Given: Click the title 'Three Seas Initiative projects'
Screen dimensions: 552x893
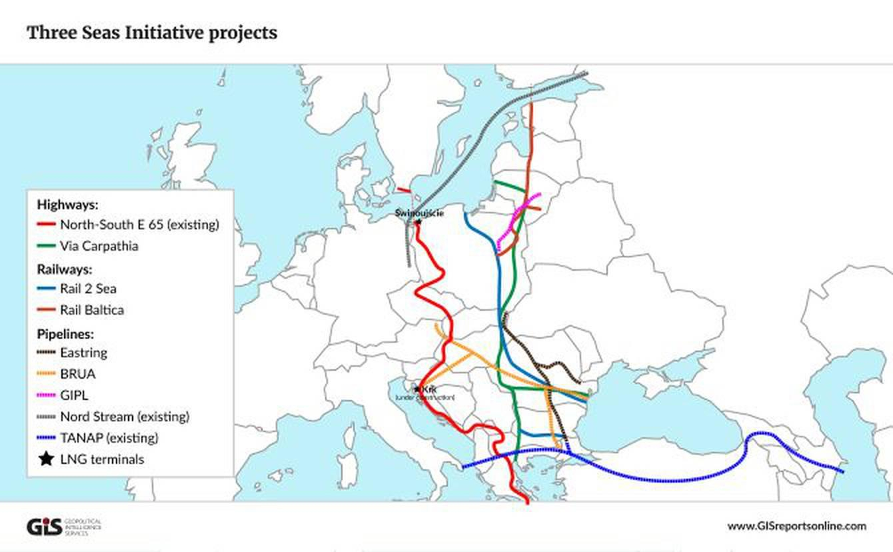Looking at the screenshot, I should [152, 33].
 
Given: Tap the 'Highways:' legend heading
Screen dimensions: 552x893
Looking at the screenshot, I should [67, 204].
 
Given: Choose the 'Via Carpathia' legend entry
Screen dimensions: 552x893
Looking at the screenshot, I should [99, 246].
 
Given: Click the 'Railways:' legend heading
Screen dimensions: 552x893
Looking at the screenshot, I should [64, 269].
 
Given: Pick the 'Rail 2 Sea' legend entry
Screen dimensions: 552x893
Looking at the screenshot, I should [88, 289].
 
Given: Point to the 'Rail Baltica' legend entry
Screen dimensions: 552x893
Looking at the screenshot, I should [91, 310].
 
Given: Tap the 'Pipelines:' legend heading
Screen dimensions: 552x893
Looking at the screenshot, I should [65, 333].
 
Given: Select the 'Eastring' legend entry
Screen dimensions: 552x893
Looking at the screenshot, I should [83, 353].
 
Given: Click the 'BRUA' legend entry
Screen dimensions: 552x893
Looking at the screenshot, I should [77, 374].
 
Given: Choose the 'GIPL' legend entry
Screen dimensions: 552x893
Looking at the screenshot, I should [74, 395].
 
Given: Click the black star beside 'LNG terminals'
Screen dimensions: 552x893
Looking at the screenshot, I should [46, 459].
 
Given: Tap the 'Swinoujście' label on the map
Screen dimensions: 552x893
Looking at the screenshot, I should [419, 213].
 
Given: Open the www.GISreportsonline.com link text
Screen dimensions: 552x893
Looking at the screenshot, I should [796, 526].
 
